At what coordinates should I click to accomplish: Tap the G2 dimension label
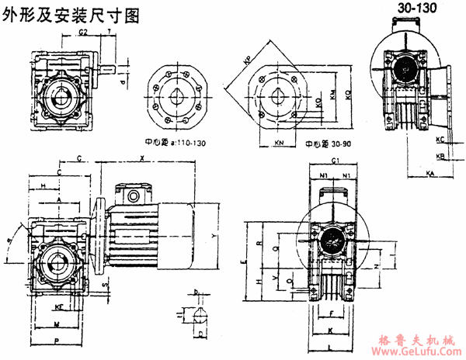(83, 32)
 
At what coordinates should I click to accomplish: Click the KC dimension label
(440, 140)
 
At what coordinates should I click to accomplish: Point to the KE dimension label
(59, 307)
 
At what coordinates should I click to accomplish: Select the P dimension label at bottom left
(57, 340)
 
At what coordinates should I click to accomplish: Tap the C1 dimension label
(336, 161)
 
